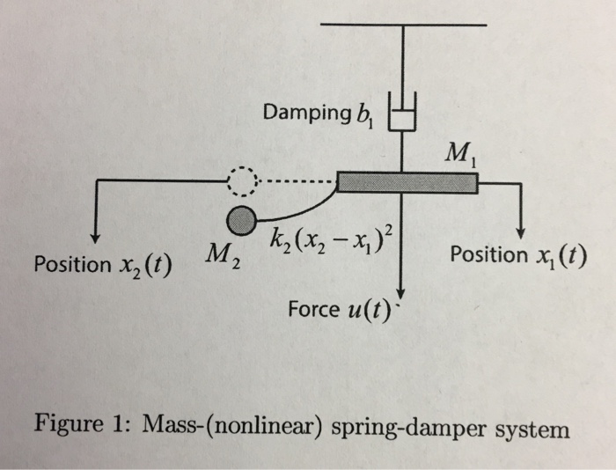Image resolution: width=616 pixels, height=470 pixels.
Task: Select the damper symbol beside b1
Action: click(x=402, y=115)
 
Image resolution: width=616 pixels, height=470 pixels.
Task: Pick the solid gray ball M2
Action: click(x=240, y=217)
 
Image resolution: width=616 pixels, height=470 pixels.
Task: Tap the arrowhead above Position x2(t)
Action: click(x=94, y=237)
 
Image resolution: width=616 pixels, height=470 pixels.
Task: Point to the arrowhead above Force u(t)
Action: click(x=401, y=294)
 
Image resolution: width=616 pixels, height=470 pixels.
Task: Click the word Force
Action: click(x=310, y=309)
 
